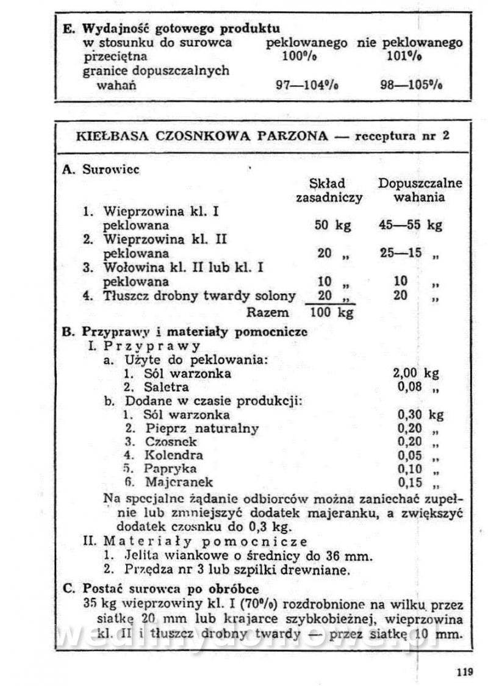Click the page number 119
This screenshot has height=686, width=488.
464,673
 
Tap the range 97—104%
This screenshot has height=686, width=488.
306,85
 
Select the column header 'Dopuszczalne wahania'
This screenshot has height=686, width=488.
420,190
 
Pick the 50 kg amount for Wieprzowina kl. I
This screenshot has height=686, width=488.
333,225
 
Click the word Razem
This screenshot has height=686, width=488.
267,313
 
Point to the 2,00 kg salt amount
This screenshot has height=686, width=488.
418,373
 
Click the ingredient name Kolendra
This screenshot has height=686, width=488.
174,456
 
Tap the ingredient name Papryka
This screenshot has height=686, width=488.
170,470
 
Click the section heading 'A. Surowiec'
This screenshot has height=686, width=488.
101,170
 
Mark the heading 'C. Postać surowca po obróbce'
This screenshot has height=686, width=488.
161,590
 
